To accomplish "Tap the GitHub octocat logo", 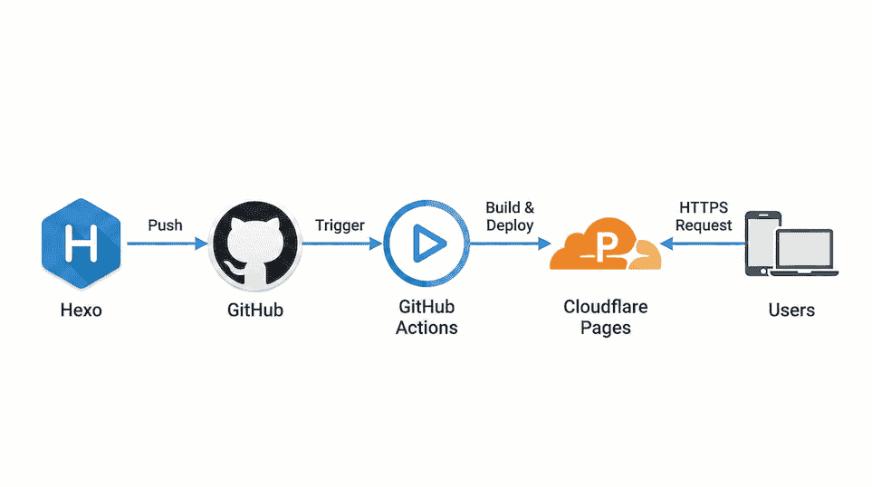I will [x=254, y=243].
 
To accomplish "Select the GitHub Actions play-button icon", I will [x=426, y=243].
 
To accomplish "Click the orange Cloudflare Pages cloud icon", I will [x=606, y=246].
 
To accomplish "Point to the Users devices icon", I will [x=791, y=244].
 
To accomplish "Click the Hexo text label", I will [x=81, y=310].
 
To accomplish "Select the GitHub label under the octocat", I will [x=254, y=310].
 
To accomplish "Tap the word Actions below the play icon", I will [x=426, y=328].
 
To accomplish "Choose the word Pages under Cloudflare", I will [x=606, y=328].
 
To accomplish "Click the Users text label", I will [x=791, y=310].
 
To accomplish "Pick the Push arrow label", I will [x=166, y=224].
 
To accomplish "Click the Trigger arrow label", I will [x=340, y=224].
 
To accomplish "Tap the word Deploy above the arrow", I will [x=510, y=225].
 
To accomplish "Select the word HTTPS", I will [x=704, y=208].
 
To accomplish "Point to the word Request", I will [x=704, y=225].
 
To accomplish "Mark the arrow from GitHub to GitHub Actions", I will [x=340, y=243].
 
